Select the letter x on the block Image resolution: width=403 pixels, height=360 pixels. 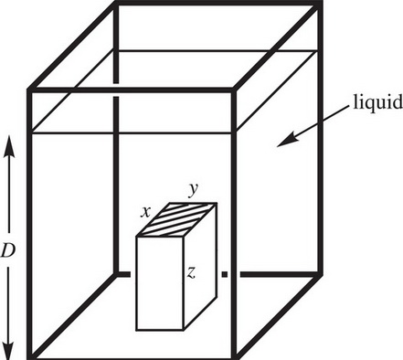[145, 212]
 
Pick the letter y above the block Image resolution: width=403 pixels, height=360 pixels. [193, 189]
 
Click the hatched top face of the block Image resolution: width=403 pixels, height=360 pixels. [178, 219]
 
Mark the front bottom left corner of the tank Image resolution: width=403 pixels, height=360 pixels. [30, 354]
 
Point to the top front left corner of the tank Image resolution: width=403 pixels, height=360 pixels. [30, 89]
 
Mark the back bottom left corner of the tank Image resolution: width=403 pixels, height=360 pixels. [116, 273]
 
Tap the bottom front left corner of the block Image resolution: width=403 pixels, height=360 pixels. [137, 329]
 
